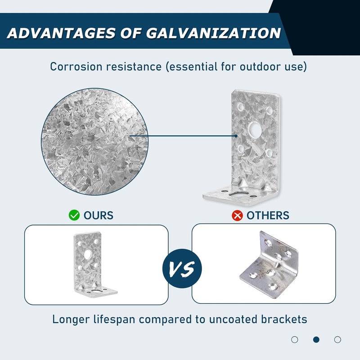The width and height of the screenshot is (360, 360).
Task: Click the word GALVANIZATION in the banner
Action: coord(213,33)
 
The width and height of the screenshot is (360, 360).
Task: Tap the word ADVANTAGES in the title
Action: coord(62,33)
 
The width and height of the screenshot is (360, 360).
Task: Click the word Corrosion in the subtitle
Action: coord(76,67)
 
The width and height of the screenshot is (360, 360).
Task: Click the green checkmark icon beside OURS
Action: coord(74,215)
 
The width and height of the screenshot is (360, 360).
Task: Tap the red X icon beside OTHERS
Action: coord(237,216)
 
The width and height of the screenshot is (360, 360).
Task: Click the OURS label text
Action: coord(99,216)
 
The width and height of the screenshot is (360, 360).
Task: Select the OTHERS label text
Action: coord(268,216)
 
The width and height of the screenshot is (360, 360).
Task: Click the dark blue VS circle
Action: coord(182,268)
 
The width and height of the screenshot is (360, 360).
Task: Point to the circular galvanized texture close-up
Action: coord(94,142)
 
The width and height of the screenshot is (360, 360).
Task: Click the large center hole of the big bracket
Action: coord(255,129)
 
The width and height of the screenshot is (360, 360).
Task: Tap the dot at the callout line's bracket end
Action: coord(236,136)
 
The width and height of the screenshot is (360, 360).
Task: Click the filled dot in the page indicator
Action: coord(316,339)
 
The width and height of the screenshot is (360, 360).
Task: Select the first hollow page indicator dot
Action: coord(295,339)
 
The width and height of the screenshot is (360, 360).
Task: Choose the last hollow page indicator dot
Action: coord(337,339)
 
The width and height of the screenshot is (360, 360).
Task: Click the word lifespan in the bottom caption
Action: coord(114,319)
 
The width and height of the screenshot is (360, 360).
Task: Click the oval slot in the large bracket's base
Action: coord(239,193)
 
